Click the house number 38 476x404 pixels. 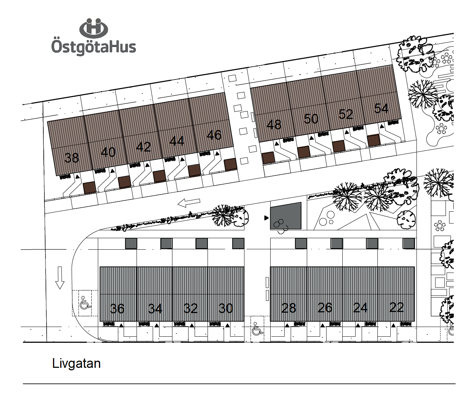coord(72,158)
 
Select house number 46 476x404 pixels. coord(214,135)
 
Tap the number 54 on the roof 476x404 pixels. coord(381,109)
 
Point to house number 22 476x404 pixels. coord(396,307)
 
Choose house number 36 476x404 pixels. coord(117,308)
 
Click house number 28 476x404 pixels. coord(289,308)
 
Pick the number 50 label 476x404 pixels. coord(311,119)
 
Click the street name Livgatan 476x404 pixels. coord(76,364)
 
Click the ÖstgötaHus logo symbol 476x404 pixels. coord(94,29)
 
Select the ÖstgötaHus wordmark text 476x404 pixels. coord(94,47)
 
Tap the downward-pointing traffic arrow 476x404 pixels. coord(60,278)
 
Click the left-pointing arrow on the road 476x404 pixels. coord(189,203)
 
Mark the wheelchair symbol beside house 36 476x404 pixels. coord(85,302)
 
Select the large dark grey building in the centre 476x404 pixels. coord(286,216)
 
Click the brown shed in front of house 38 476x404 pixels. coord(89,188)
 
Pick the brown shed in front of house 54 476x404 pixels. coord(373,140)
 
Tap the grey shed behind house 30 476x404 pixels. coord(238,244)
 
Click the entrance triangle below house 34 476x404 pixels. coord(157,325)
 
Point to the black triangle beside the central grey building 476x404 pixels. coord(266,218)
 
